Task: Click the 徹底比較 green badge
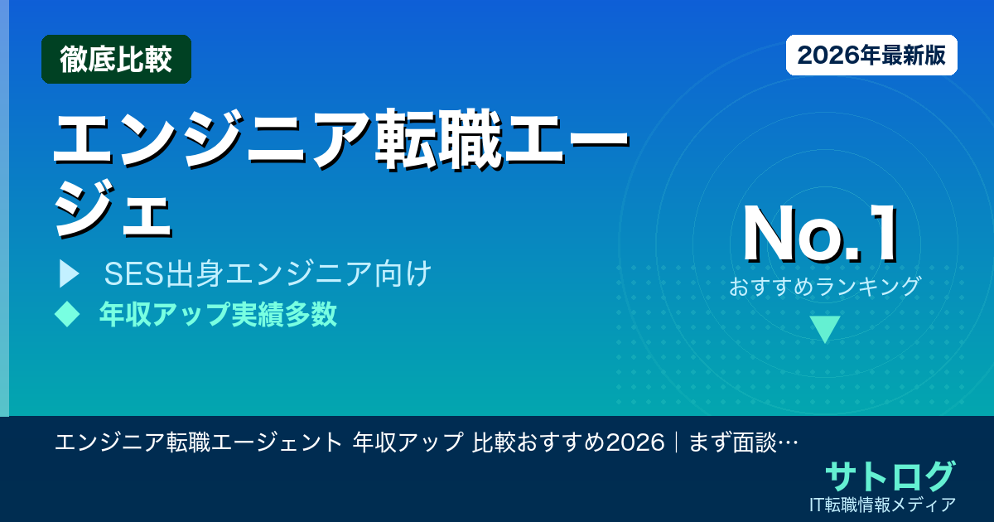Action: [116, 60]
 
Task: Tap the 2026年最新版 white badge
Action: [871, 56]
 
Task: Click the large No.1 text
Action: [820, 235]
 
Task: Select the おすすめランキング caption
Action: [825, 286]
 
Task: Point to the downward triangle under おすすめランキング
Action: [825, 329]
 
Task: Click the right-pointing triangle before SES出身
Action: [69, 273]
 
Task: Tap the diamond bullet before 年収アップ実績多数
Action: [66, 314]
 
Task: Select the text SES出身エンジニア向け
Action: [268, 273]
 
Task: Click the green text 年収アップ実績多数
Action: [218, 315]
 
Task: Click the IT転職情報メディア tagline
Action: [885, 504]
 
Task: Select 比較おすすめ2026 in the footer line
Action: [568, 442]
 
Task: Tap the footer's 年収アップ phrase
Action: [407, 442]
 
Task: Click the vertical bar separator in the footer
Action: [677, 442]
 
